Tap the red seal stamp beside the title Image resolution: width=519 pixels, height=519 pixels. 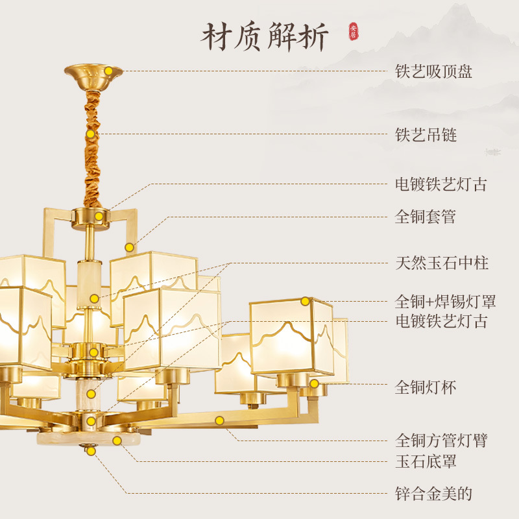(354, 31)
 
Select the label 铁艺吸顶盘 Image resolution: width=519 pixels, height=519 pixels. (433, 71)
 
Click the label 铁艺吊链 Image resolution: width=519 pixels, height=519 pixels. (426, 135)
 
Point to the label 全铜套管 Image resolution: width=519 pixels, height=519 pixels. (426, 217)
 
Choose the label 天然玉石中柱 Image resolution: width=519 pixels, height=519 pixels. (442, 263)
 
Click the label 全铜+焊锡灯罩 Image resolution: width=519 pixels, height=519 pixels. (446, 302)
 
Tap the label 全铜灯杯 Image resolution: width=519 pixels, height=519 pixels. (426, 388)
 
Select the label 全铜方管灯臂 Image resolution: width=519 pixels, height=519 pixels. (441, 441)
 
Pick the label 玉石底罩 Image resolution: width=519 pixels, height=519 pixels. (426, 461)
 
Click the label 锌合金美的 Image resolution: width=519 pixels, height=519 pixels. (433, 494)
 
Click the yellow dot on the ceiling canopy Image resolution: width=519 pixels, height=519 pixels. (109, 71)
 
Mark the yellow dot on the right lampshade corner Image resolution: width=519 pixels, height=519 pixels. (305, 301)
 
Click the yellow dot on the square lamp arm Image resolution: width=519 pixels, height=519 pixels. (219, 420)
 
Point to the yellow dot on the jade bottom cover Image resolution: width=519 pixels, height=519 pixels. (117, 441)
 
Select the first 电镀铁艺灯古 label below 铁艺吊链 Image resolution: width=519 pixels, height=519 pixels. (441, 184)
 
